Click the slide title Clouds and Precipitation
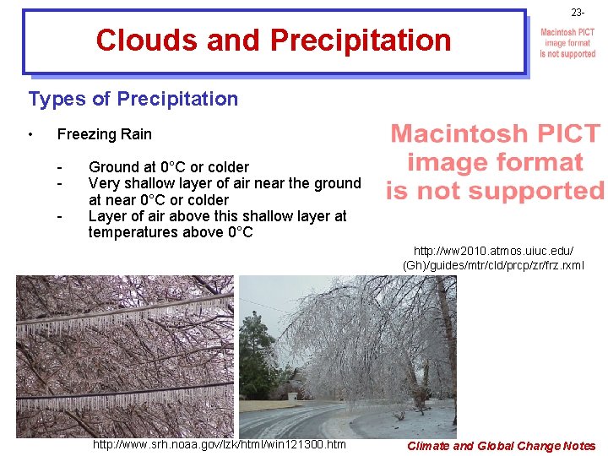tap(274, 40)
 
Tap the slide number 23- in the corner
tap(577, 13)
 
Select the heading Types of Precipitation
tap(133, 99)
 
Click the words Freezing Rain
tap(104, 134)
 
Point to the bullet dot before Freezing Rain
tap(30, 134)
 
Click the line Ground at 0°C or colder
tap(169, 167)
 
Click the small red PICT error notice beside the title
tap(567, 43)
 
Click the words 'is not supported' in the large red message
tap(495, 191)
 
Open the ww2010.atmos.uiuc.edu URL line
tap(493, 251)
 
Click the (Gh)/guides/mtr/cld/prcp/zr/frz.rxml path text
tap(493, 266)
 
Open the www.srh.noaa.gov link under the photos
tap(219, 444)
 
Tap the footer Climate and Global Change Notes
tap(501, 446)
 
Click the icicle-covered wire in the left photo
tap(127, 324)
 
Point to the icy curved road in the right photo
tap(329, 418)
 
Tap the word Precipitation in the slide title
tap(361, 40)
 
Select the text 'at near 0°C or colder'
tap(159, 200)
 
